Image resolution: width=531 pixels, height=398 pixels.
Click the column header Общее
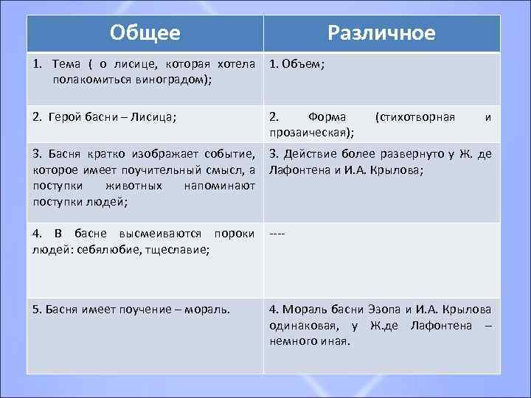[x=145, y=33]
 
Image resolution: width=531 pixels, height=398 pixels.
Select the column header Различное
[x=381, y=33]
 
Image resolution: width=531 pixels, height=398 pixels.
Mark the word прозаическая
[x=310, y=132]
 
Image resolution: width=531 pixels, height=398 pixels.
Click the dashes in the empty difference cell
[x=277, y=234]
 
